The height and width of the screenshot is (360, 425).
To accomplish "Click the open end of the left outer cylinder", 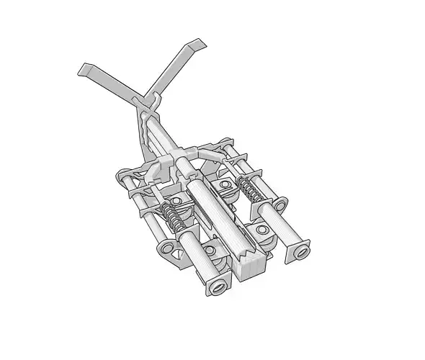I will click(216, 286).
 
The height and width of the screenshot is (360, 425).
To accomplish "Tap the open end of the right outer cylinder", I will click(299, 251).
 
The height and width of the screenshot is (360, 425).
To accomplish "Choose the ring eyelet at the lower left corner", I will click(167, 248).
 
